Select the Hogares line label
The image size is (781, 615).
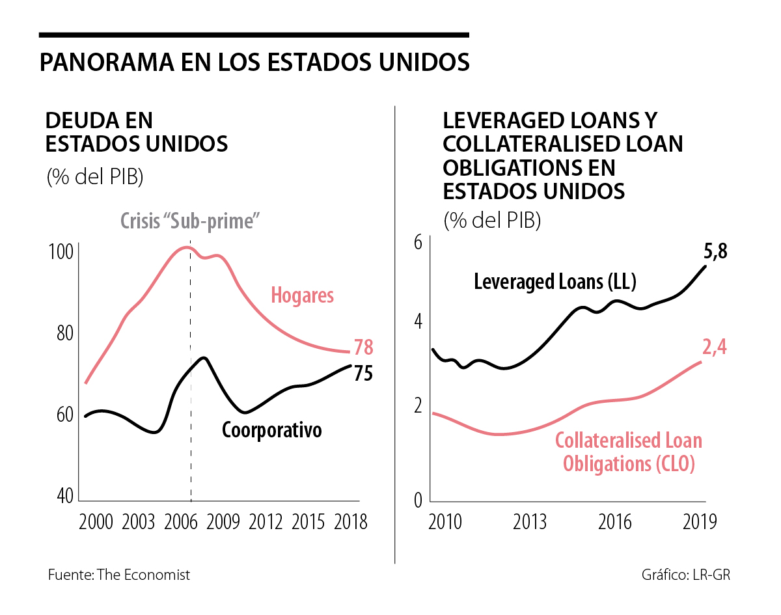302,295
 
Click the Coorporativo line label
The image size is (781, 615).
272,430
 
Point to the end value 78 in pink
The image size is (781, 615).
363,348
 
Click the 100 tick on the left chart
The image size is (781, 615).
61,253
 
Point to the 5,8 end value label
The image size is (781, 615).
715,253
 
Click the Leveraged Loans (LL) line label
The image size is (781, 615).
555,282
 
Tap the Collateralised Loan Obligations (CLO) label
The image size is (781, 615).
628,452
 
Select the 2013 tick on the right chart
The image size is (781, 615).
529,522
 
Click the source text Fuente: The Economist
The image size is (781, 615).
119,575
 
